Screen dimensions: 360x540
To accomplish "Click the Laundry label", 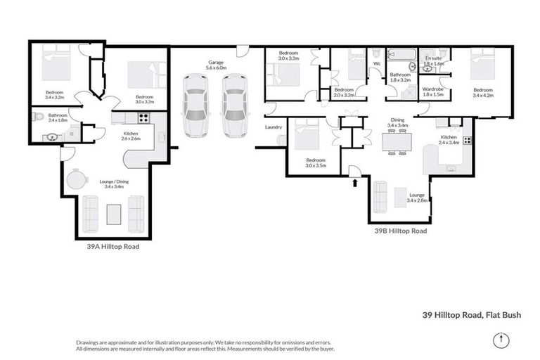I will click(x=274, y=127).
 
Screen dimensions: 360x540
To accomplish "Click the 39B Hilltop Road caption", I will click(x=400, y=230).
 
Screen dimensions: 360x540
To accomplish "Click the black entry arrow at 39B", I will click(x=354, y=184).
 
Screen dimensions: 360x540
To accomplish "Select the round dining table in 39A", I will click(x=75, y=180).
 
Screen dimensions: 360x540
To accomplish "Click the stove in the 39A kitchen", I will click(x=143, y=118).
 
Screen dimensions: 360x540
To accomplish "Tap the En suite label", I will click(x=434, y=59).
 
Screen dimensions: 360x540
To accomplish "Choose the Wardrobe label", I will click(x=432, y=90).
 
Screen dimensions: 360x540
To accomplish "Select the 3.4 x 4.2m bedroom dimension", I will click(x=484, y=96).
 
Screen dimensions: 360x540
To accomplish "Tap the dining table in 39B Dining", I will click(x=396, y=141).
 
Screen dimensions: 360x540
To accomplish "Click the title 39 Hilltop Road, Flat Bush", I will click(x=471, y=316).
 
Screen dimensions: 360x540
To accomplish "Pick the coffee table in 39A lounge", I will click(x=113, y=212).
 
